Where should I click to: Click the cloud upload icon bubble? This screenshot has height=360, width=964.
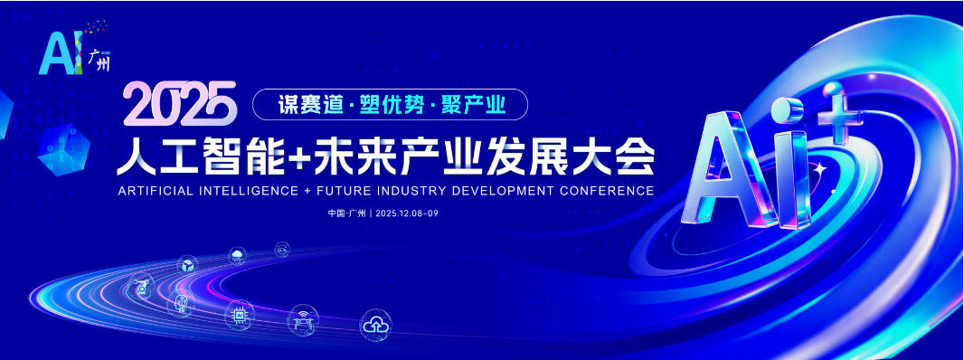click(375, 325)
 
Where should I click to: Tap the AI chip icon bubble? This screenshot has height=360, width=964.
click(239, 315)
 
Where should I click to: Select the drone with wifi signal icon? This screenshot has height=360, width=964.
click(303, 318)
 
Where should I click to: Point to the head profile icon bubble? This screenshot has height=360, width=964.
click(181, 304)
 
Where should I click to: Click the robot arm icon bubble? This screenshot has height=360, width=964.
click(140, 286)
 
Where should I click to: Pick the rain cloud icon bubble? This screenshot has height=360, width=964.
click(237, 255)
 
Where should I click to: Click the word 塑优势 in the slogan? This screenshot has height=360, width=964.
click(392, 105)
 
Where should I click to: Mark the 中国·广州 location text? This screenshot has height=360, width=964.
click(346, 213)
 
